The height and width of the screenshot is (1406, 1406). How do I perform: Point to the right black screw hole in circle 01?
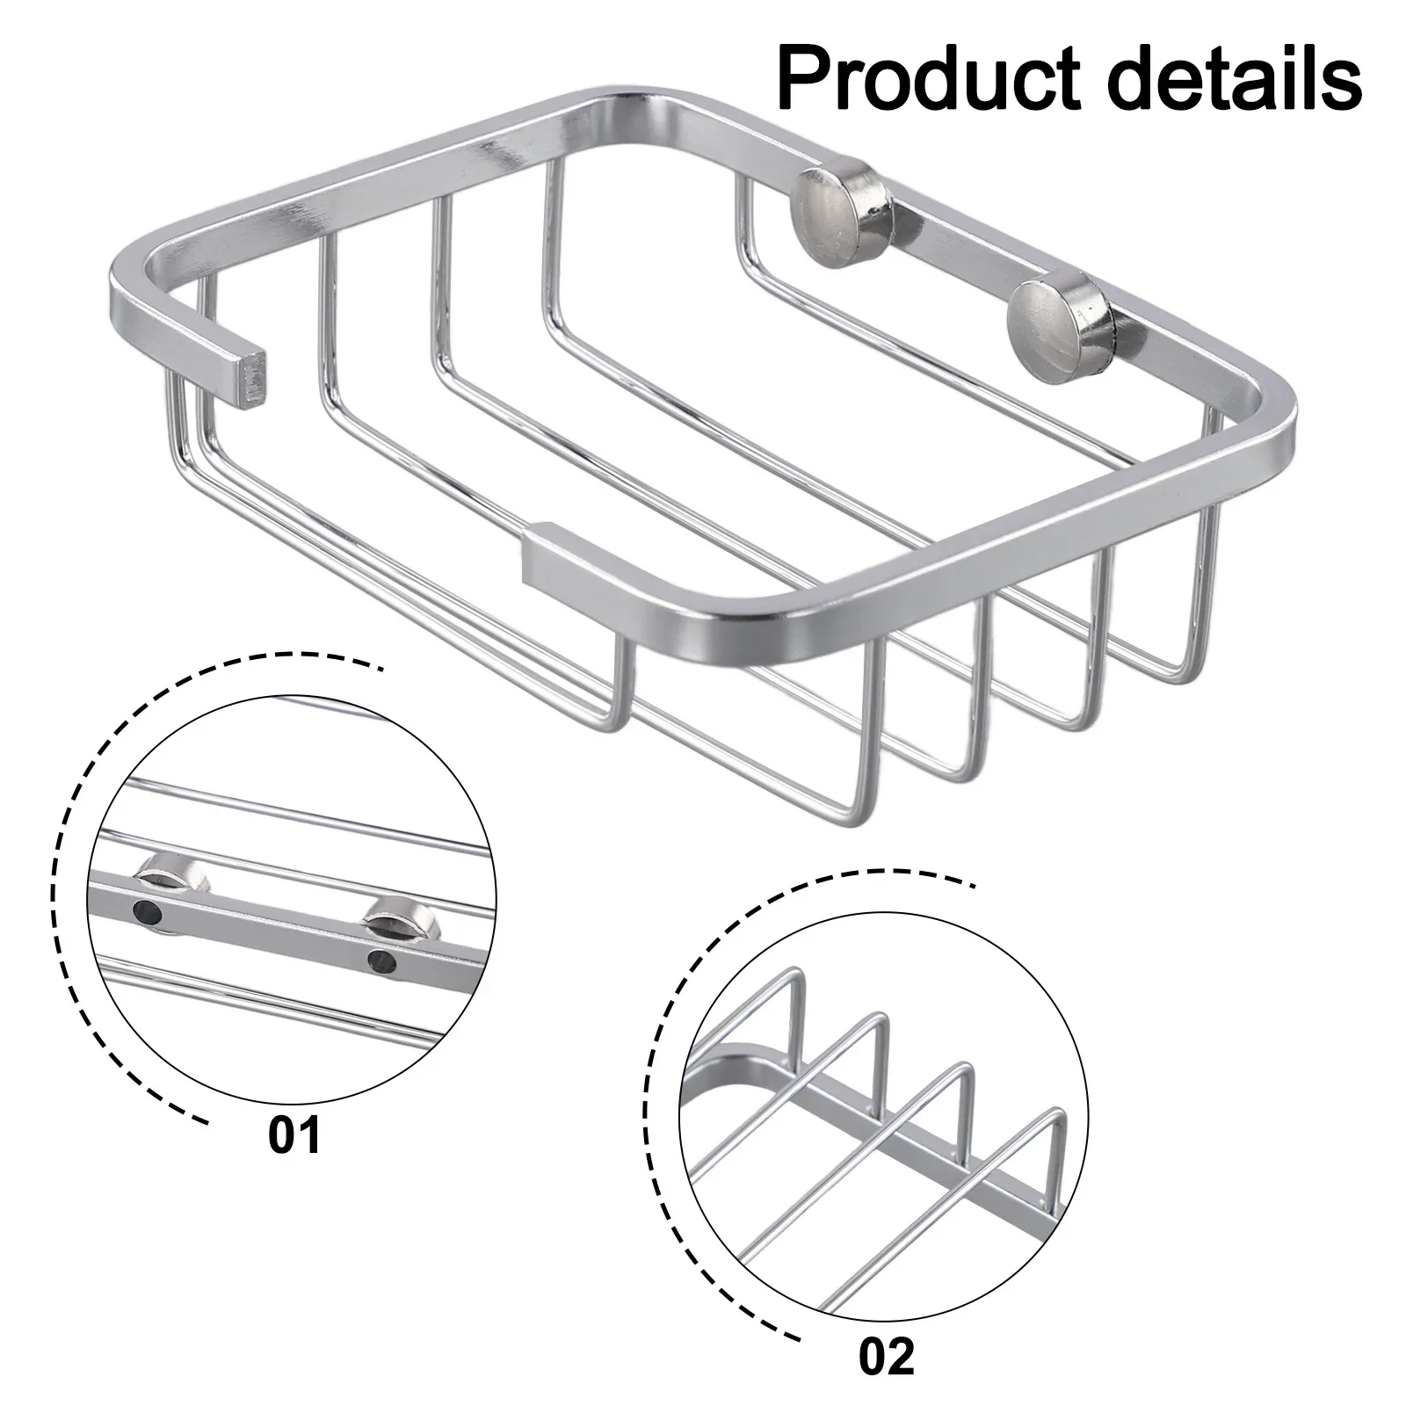tap(381, 962)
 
